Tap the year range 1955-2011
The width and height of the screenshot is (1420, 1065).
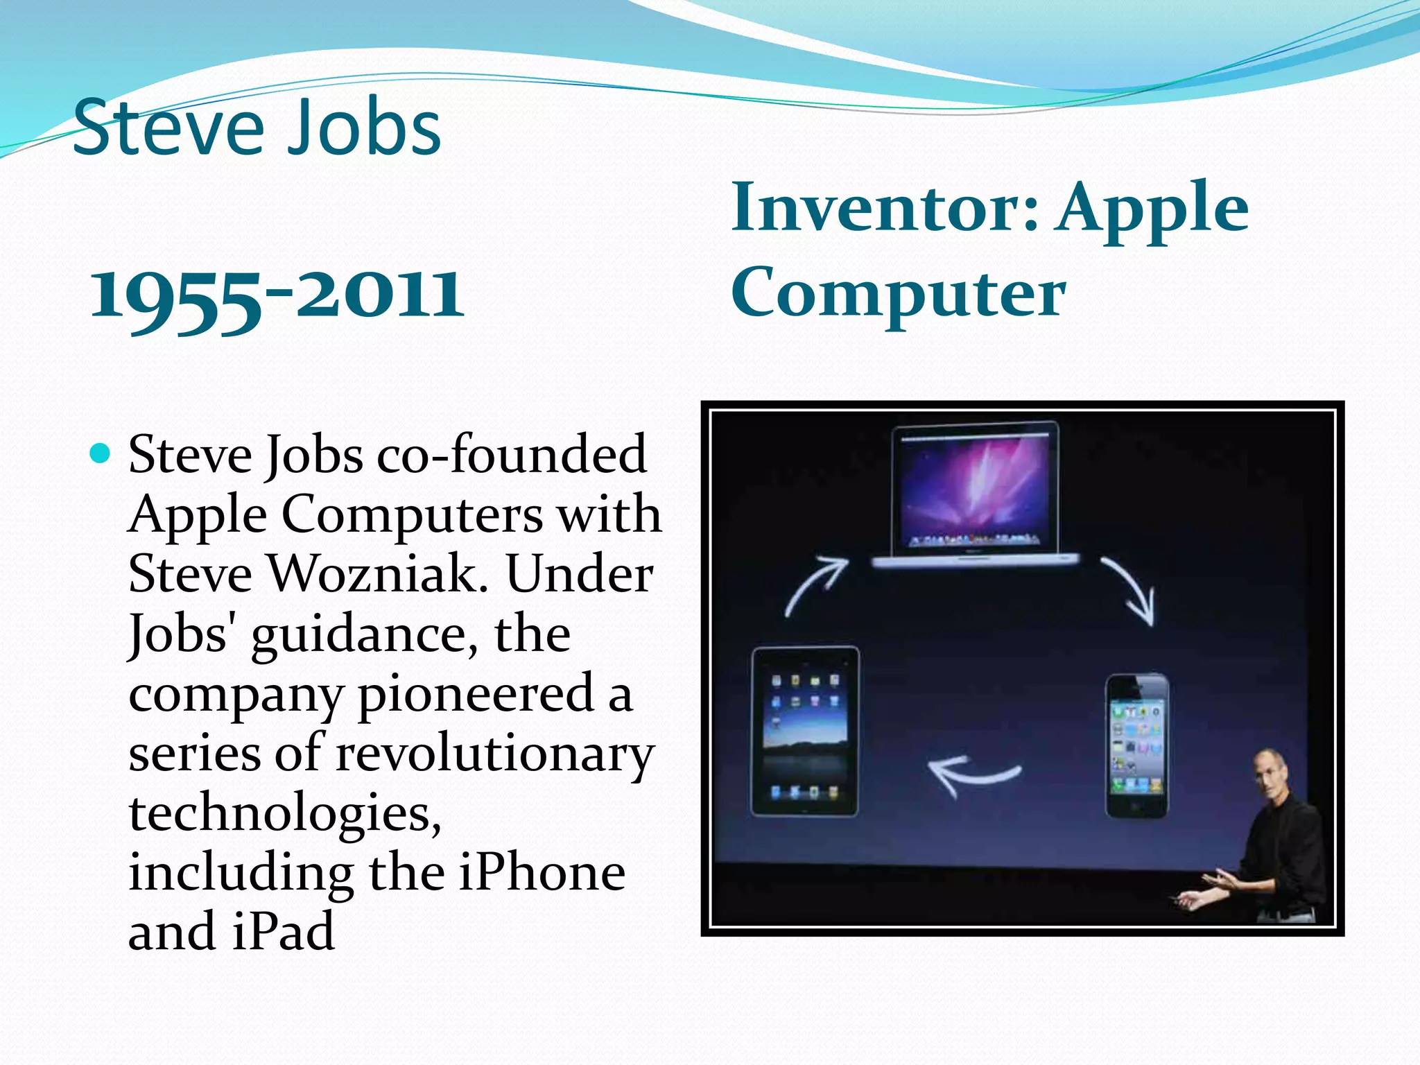(277, 295)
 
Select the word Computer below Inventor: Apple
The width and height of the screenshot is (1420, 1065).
(898, 293)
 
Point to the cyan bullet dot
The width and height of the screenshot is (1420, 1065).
(101, 454)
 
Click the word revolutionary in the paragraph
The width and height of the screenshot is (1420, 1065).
(494, 754)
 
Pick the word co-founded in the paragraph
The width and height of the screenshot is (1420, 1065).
(512, 454)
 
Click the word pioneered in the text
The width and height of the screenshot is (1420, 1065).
(476, 693)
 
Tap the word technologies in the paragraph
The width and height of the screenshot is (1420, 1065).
(284, 813)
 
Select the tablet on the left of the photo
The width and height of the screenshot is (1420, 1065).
(805, 731)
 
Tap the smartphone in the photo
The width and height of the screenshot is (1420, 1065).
(1136, 745)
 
